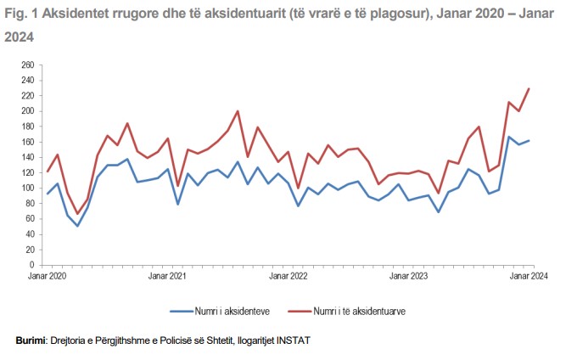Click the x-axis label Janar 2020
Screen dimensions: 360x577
pyautogui.click(x=47, y=276)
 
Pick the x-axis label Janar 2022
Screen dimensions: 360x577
pyautogui.click(x=288, y=276)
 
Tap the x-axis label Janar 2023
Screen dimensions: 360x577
pyautogui.click(x=408, y=276)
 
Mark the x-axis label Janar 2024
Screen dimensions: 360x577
pyautogui.click(x=529, y=276)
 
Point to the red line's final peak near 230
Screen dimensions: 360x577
pyautogui.click(x=529, y=88)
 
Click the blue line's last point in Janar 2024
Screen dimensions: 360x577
pyautogui.click(x=529, y=141)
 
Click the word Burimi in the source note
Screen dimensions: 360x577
pyautogui.click(x=32, y=340)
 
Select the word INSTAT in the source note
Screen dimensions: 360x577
pyautogui.click(x=294, y=340)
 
